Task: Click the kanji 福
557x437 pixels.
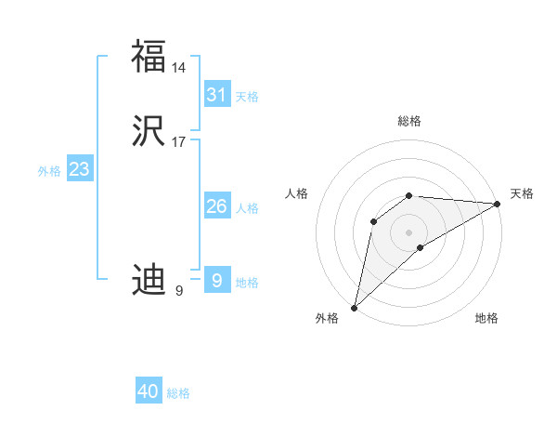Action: pyautogui.click(x=149, y=56)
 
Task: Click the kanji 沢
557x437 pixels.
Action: pyautogui.click(x=149, y=132)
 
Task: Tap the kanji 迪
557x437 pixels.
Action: pyautogui.click(x=149, y=280)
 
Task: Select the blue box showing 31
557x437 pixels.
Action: pyautogui.click(x=217, y=95)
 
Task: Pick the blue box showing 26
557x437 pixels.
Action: pyautogui.click(x=217, y=206)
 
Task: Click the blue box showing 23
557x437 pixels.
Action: pyautogui.click(x=79, y=169)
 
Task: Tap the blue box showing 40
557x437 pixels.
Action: pyautogui.click(x=149, y=391)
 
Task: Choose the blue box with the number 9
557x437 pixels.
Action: pyautogui.click(x=217, y=280)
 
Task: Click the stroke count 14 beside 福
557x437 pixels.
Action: pyautogui.click(x=179, y=68)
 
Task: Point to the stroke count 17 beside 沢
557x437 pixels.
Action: pyautogui.click(x=179, y=142)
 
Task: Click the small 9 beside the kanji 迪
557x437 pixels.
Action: pyautogui.click(x=179, y=291)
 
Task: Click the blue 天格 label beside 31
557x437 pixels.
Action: pyautogui.click(x=247, y=97)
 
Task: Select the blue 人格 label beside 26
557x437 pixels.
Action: pyautogui.click(x=247, y=208)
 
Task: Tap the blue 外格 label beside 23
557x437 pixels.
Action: pyautogui.click(x=49, y=171)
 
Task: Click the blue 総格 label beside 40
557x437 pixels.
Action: pyautogui.click(x=178, y=393)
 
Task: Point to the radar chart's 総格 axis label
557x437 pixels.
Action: pyautogui.click(x=409, y=121)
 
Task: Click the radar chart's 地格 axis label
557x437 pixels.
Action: pyautogui.click(x=486, y=318)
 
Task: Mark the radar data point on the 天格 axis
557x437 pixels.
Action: pyautogui.click(x=498, y=205)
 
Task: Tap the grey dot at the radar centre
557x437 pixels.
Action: pyautogui.click(x=409, y=232)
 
